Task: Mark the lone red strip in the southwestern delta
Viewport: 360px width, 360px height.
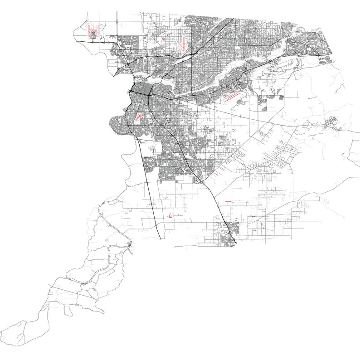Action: (x=117, y=259)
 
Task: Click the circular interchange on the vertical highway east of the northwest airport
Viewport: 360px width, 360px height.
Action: (x=117, y=21)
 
